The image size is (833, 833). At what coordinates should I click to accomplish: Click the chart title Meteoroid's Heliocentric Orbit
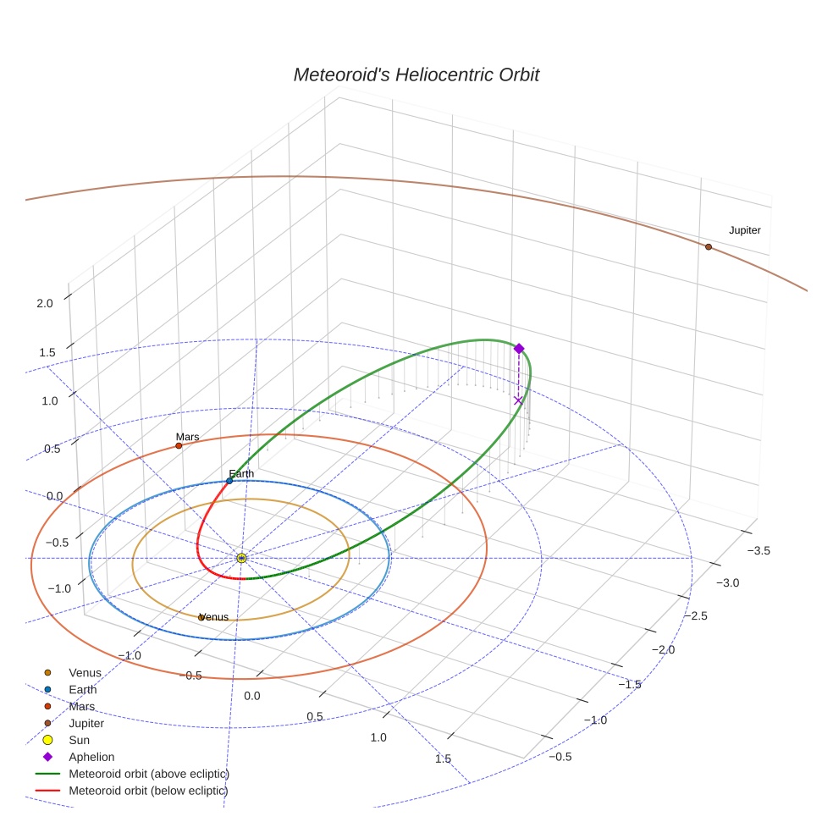point(416,75)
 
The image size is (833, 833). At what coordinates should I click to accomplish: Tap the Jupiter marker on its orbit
point(709,246)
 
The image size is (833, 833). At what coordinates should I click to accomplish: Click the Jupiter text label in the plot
point(744,230)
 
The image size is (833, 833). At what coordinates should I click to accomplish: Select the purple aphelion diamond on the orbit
point(519,348)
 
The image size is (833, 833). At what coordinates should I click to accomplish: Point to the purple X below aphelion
point(518,400)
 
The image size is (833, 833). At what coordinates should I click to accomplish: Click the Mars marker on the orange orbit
point(179,445)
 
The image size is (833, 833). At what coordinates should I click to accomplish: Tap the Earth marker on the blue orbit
point(229,481)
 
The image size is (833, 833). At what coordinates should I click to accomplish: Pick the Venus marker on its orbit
point(201,617)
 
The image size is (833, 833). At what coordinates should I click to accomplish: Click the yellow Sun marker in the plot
point(241,558)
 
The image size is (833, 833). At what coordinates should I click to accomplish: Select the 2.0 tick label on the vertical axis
point(46,303)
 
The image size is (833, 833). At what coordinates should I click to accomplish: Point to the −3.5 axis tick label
point(759,550)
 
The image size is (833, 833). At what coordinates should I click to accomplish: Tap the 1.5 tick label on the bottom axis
point(443,759)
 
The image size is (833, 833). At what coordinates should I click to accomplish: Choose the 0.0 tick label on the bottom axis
point(252,695)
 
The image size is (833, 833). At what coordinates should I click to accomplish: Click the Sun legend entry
point(80,740)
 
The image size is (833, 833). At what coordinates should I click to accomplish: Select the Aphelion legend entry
point(91,757)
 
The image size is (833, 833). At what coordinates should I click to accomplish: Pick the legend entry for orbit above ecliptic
point(148,774)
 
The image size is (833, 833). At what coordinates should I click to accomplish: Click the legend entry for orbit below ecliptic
point(148,791)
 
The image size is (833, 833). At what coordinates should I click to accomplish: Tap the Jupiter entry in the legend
point(86,723)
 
